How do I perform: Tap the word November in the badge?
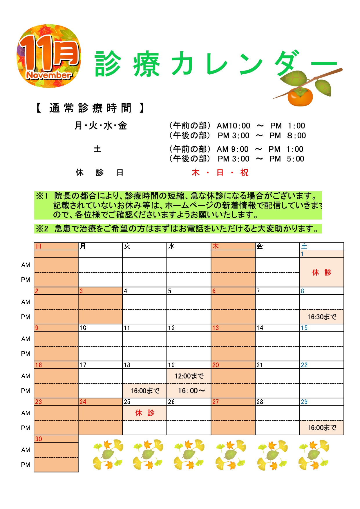coord(49,75)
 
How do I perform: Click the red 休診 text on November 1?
coord(321,272)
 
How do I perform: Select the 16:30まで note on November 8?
coord(322,317)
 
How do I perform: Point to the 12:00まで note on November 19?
coord(189,376)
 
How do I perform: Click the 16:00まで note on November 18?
coord(145,391)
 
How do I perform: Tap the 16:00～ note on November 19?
coord(191,391)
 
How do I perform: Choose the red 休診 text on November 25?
coord(145,413)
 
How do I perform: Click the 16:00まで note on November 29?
coord(322,428)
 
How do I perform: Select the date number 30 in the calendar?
coord(39,439)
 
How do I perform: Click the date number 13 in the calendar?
coord(216,328)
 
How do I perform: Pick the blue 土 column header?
coord(304,246)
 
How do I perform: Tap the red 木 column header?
coord(216,246)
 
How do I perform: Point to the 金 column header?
coord(260,246)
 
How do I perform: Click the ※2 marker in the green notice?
coord(42,229)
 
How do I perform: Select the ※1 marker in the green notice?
coord(42,196)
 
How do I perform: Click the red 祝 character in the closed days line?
coord(244,173)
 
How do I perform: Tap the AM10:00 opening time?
coord(233,126)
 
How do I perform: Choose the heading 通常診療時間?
coord(90,108)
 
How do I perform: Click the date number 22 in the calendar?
coord(304,365)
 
